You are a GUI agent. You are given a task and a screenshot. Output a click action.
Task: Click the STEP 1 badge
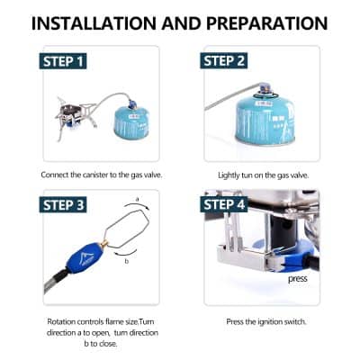(65, 61)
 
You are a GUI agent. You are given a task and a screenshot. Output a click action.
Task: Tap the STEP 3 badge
(65, 204)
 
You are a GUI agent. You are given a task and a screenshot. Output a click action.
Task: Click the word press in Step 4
(298, 278)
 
